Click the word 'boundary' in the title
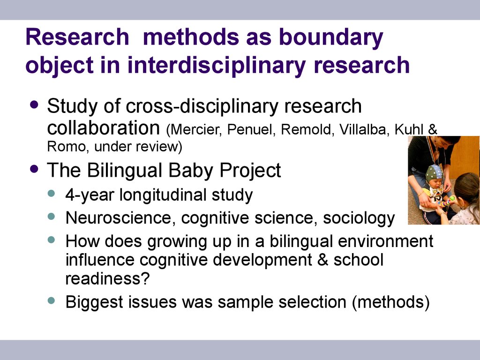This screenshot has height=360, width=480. point(331,37)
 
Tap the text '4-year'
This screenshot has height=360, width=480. point(90,195)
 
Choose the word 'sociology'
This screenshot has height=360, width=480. point(359,218)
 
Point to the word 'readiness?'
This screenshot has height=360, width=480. point(107,278)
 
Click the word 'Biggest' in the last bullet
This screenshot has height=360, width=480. point(94,302)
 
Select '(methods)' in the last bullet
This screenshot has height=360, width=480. point(391,302)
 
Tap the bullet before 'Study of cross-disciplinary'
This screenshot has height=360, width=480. point(34,105)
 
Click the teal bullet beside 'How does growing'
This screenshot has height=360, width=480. point(52,240)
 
